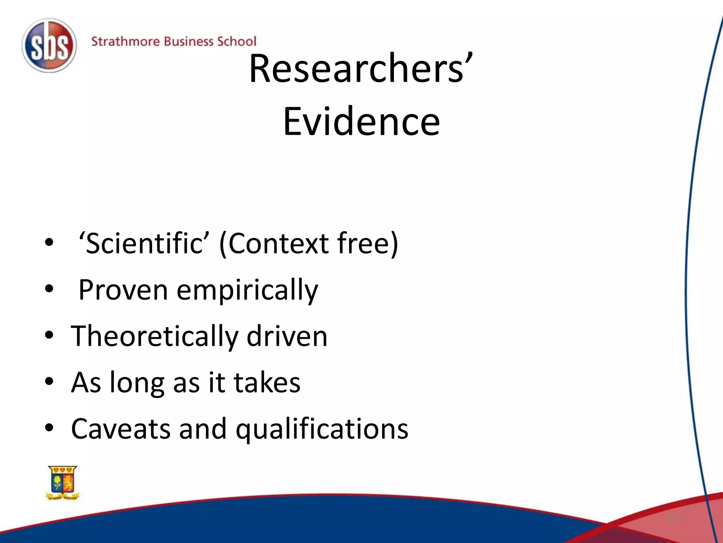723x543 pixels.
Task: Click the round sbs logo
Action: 49,46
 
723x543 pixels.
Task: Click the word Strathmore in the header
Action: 125,42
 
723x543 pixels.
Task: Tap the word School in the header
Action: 236,42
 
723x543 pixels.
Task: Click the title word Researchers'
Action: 360,69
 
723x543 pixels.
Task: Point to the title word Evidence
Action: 361,122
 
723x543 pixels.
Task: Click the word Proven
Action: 123,290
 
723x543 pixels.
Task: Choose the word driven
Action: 287,336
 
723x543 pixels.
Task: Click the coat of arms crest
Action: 63,483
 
